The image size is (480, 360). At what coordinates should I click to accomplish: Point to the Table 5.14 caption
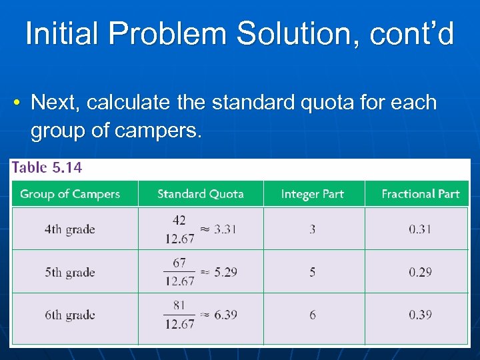coord(47,168)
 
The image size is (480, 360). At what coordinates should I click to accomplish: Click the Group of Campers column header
coord(70,194)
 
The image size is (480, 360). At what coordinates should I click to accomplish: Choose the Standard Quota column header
coord(200,194)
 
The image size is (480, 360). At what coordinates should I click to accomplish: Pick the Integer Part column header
coord(312,194)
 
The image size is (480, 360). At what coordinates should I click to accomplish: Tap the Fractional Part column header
coord(420,194)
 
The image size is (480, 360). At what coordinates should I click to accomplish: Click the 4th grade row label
coord(70,229)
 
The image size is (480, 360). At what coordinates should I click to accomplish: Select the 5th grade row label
coord(70,272)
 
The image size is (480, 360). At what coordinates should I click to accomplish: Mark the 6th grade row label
coord(70,315)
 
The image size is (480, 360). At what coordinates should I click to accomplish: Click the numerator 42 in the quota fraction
coord(179,220)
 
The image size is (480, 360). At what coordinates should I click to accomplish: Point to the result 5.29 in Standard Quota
coord(226,272)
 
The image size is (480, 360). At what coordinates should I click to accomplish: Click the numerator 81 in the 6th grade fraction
coord(179,305)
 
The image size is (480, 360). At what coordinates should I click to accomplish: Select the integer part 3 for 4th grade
coord(313,229)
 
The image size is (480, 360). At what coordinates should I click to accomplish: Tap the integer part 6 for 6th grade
coord(313,315)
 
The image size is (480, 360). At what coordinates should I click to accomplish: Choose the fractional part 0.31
coord(420,229)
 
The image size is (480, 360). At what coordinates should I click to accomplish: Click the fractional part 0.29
coord(420,272)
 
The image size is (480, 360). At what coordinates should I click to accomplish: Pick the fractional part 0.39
coord(420,315)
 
